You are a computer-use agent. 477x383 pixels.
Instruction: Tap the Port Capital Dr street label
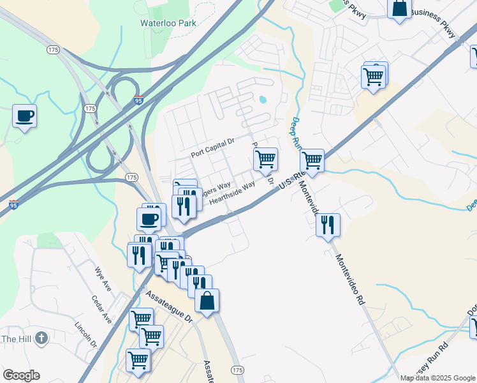pos(213,154)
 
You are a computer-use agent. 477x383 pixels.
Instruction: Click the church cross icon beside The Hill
pos(41,338)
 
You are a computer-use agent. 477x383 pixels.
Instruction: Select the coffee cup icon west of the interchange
pos(25,116)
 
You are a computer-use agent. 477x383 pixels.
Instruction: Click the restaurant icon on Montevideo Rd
pos(328,225)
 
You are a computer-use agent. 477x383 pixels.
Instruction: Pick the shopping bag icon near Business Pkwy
pos(399,8)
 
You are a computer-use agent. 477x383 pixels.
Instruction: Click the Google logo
pos(21,375)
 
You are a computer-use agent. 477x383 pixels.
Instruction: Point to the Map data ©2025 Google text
pos(437,378)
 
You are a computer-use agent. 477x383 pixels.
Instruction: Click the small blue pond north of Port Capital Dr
pos(263,100)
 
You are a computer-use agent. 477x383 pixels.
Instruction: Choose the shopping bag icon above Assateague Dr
pos(207,301)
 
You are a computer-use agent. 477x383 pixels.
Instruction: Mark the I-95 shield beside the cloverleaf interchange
pos(139,100)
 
